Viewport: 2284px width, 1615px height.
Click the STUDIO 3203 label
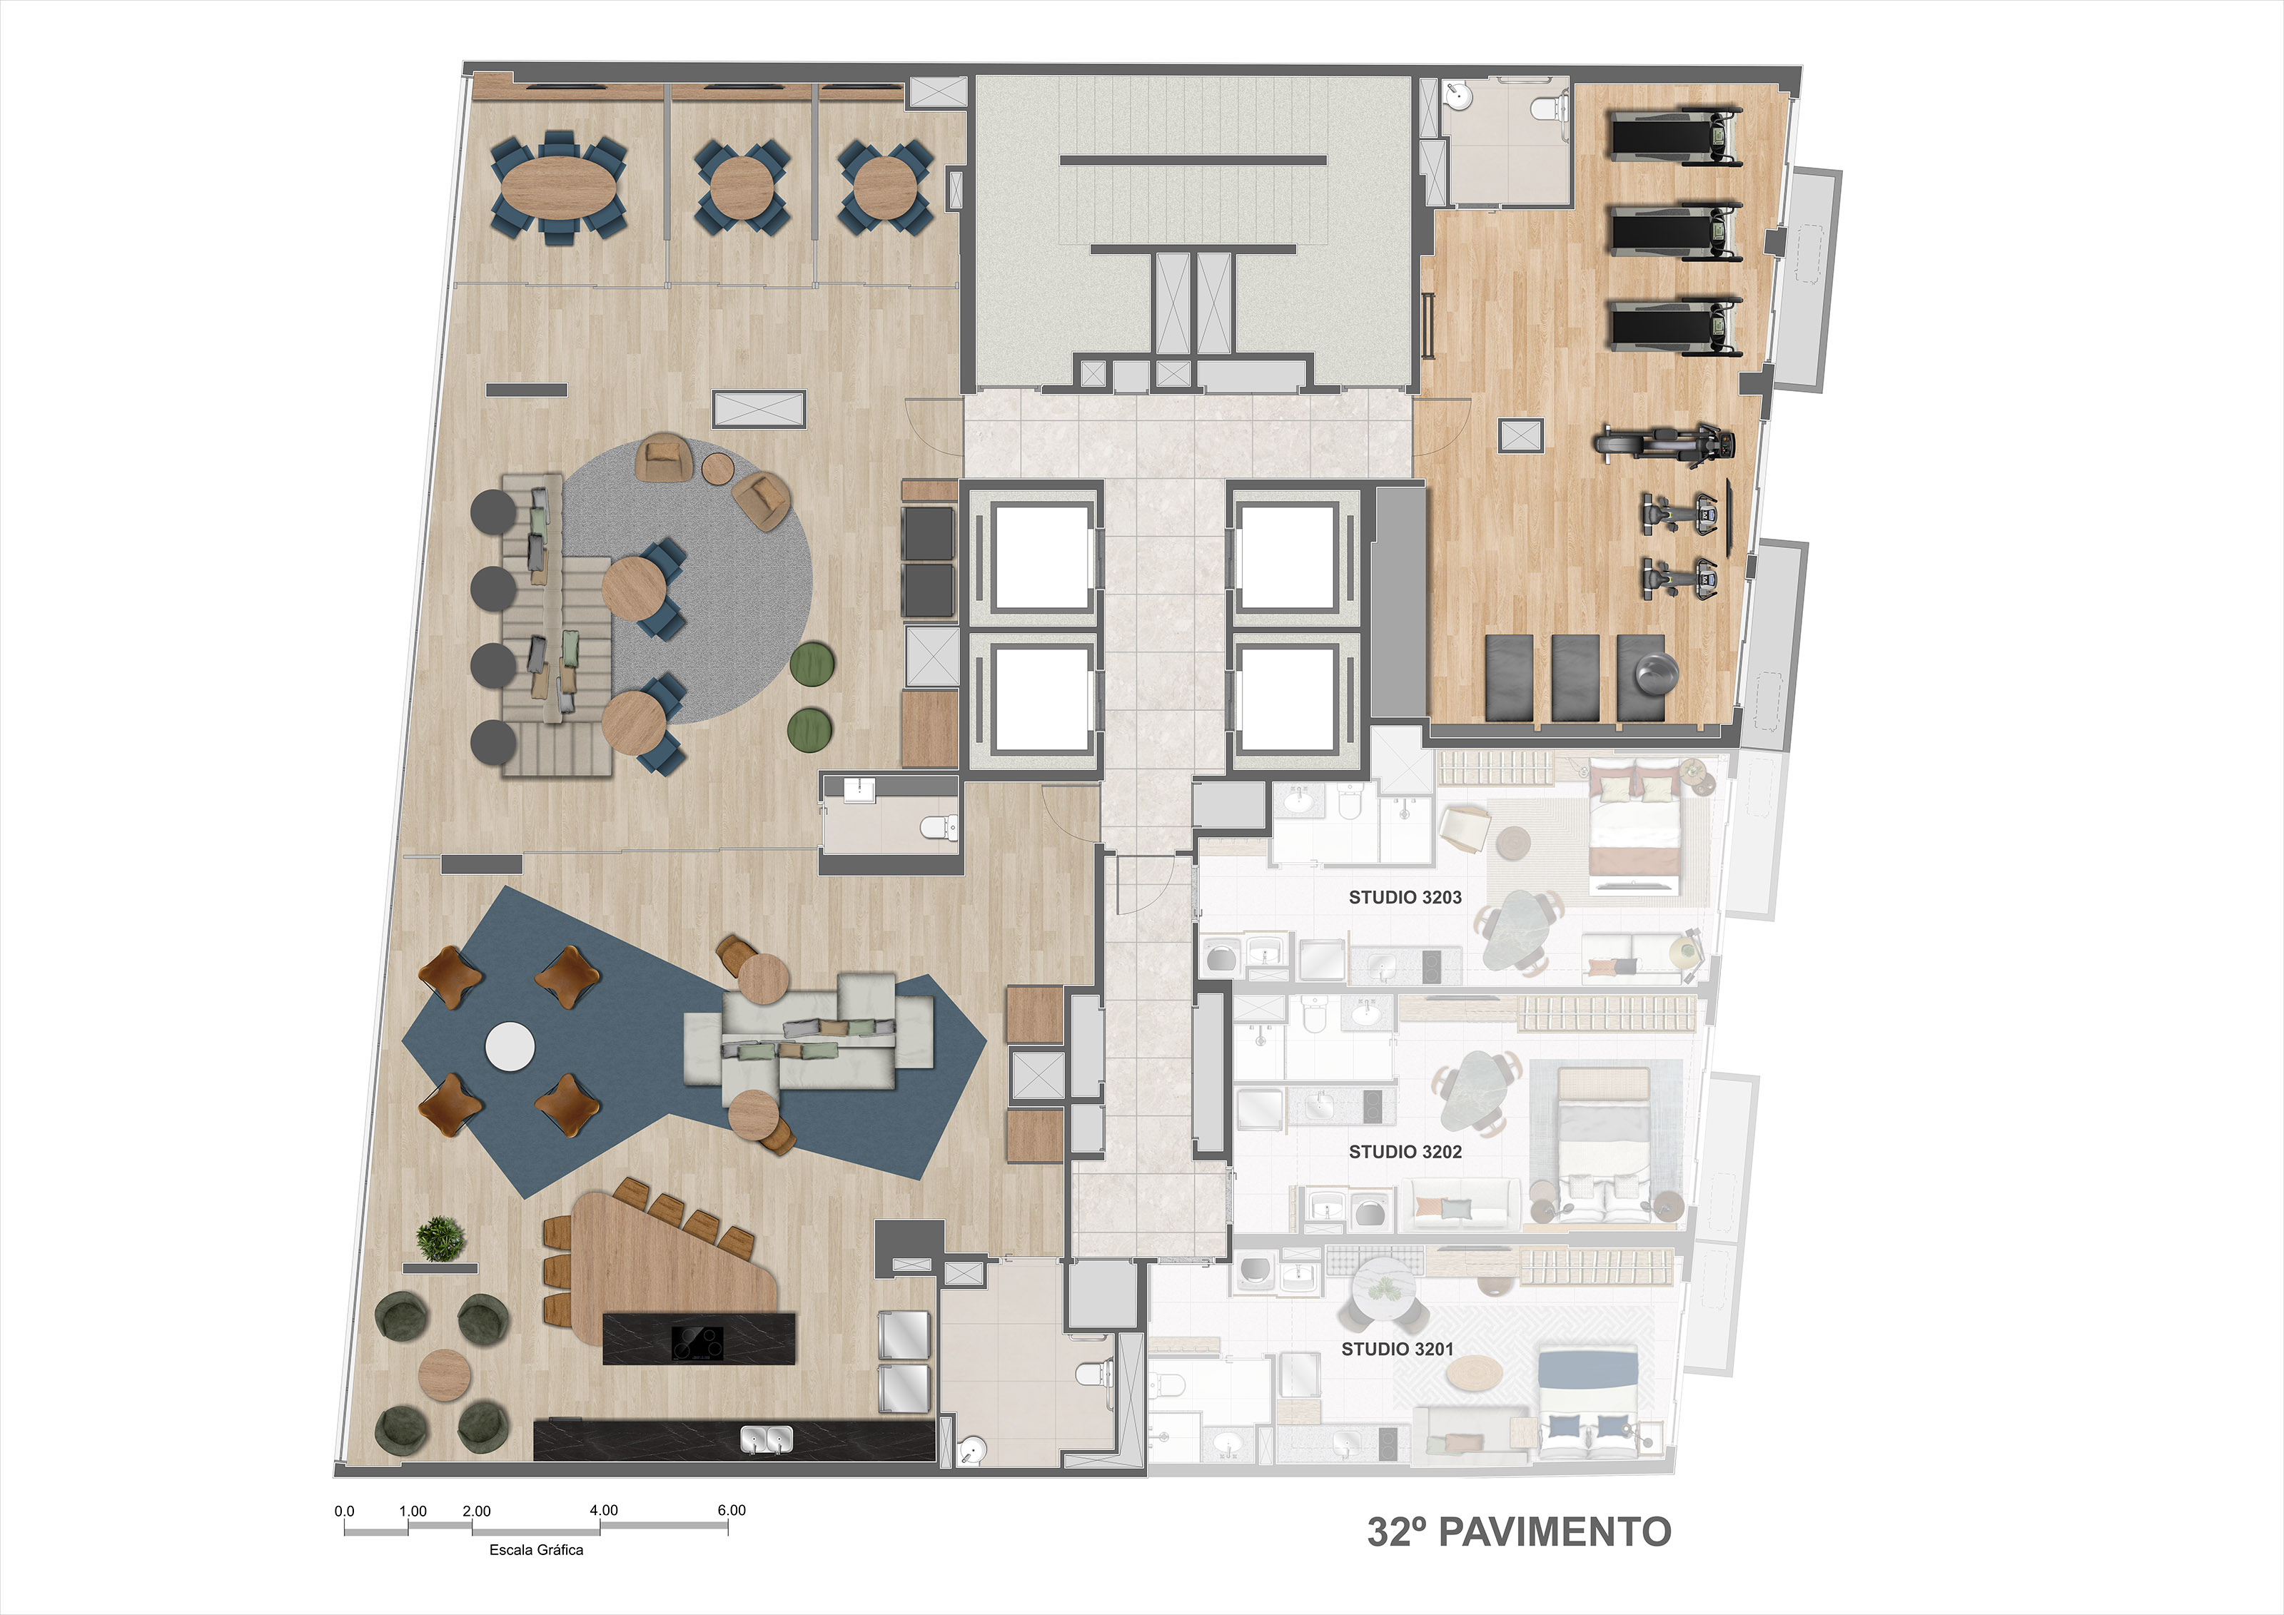coord(1405,897)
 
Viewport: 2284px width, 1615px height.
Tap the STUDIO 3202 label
coord(1405,1152)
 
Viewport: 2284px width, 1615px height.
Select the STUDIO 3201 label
coord(1397,1349)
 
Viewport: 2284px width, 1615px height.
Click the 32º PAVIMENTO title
coord(1519,1532)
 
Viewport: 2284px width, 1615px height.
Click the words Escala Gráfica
coord(536,1549)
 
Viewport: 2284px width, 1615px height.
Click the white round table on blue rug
coord(510,1046)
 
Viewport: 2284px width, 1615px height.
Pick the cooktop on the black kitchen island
coord(697,1342)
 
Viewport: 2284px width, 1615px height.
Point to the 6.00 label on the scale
coord(731,1509)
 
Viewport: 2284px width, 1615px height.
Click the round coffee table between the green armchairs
coord(444,1375)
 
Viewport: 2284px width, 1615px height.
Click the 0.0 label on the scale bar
coord(344,1511)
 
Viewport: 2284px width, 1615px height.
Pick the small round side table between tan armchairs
coord(717,467)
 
